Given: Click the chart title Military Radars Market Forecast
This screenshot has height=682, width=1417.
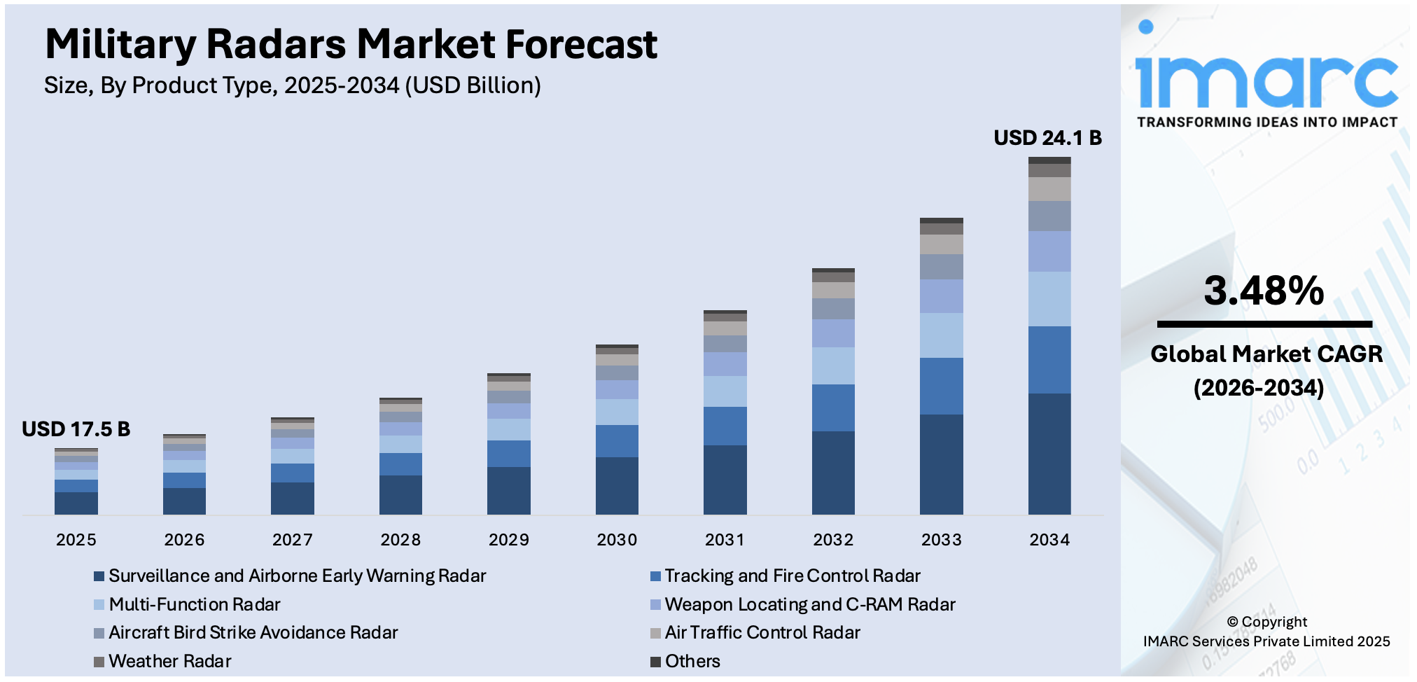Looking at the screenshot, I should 351,44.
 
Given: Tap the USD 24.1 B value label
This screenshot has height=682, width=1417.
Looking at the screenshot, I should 1047,138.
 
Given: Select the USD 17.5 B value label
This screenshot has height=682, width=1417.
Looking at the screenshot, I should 76,429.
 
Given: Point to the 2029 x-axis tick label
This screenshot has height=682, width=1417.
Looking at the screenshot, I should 508,540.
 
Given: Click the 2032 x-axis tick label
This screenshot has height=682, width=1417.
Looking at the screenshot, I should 833,540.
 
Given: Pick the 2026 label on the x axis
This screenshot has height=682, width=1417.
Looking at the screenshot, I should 184,540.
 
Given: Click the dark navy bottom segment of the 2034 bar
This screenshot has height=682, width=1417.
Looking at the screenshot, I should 1049,454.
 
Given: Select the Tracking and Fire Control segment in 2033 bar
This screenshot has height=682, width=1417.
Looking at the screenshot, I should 941,386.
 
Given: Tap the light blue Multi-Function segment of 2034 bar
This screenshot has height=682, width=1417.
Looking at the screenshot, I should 1049,299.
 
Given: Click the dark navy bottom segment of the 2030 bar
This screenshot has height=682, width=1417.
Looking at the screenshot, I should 617,485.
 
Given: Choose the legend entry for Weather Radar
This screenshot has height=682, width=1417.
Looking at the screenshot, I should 169,661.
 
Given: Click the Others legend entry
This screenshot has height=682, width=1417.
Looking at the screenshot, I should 692,661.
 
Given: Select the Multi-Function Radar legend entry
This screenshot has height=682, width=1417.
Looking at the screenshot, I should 194,604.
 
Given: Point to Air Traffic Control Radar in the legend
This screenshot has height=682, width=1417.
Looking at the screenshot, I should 762,632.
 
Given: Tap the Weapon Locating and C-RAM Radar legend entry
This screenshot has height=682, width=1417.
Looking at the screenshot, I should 809,604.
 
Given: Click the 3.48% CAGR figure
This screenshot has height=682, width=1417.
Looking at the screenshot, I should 1264,291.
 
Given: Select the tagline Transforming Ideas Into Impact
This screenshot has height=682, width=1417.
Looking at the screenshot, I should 1266,123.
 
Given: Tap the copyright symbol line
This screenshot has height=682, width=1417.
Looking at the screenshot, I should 1266,622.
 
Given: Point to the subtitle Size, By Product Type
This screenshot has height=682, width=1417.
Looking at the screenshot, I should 292,85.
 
